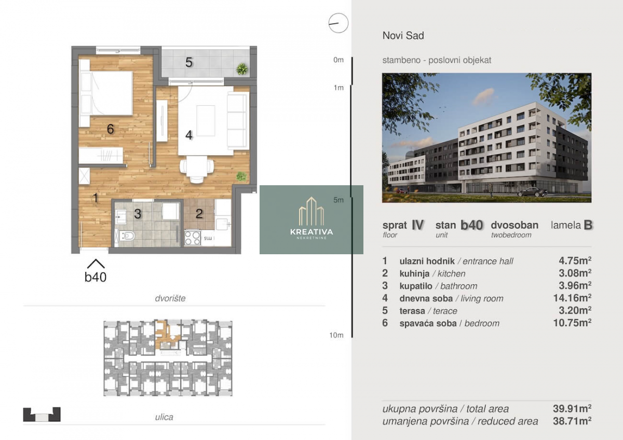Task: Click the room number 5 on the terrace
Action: pos(189,62)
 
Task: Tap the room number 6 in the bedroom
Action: pos(111,129)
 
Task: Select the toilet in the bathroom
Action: pos(127,236)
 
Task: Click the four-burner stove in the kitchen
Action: pos(193,238)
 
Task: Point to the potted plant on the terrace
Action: pos(242,69)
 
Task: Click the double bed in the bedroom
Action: pos(106,93)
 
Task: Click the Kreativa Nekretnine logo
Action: pos(311,218)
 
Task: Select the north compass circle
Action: pos(338,23)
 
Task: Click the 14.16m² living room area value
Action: pos(572,298)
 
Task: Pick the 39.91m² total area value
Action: pos(572,408)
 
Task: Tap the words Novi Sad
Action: pos(403,36)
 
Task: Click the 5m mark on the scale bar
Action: pos(338,200)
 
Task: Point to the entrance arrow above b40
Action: pos(96,264)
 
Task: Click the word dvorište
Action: pos(170,298)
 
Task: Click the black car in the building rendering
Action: pos(532,192)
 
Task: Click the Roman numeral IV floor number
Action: pos(418,225)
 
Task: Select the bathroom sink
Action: pos(121,217)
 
